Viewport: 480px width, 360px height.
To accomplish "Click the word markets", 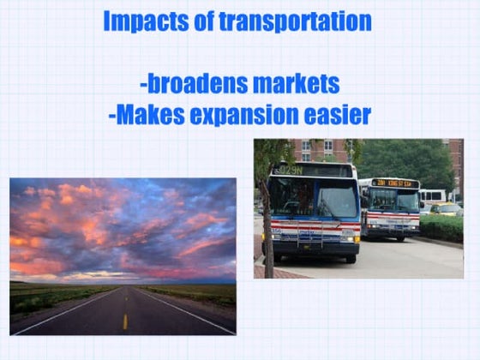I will [x=295, y=84].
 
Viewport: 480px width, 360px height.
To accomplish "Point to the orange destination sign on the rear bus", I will [x=394, y=183].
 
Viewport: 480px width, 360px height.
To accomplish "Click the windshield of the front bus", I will [x=314, y=198].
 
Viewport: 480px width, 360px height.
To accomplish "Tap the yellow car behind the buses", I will [x=446, y=209].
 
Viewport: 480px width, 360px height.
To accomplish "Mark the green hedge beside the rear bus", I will [x=441, y=226].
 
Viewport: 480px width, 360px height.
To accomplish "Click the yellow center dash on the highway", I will [x=124, y=321].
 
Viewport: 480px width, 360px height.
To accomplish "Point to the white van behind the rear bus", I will [x=433, y=196].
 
